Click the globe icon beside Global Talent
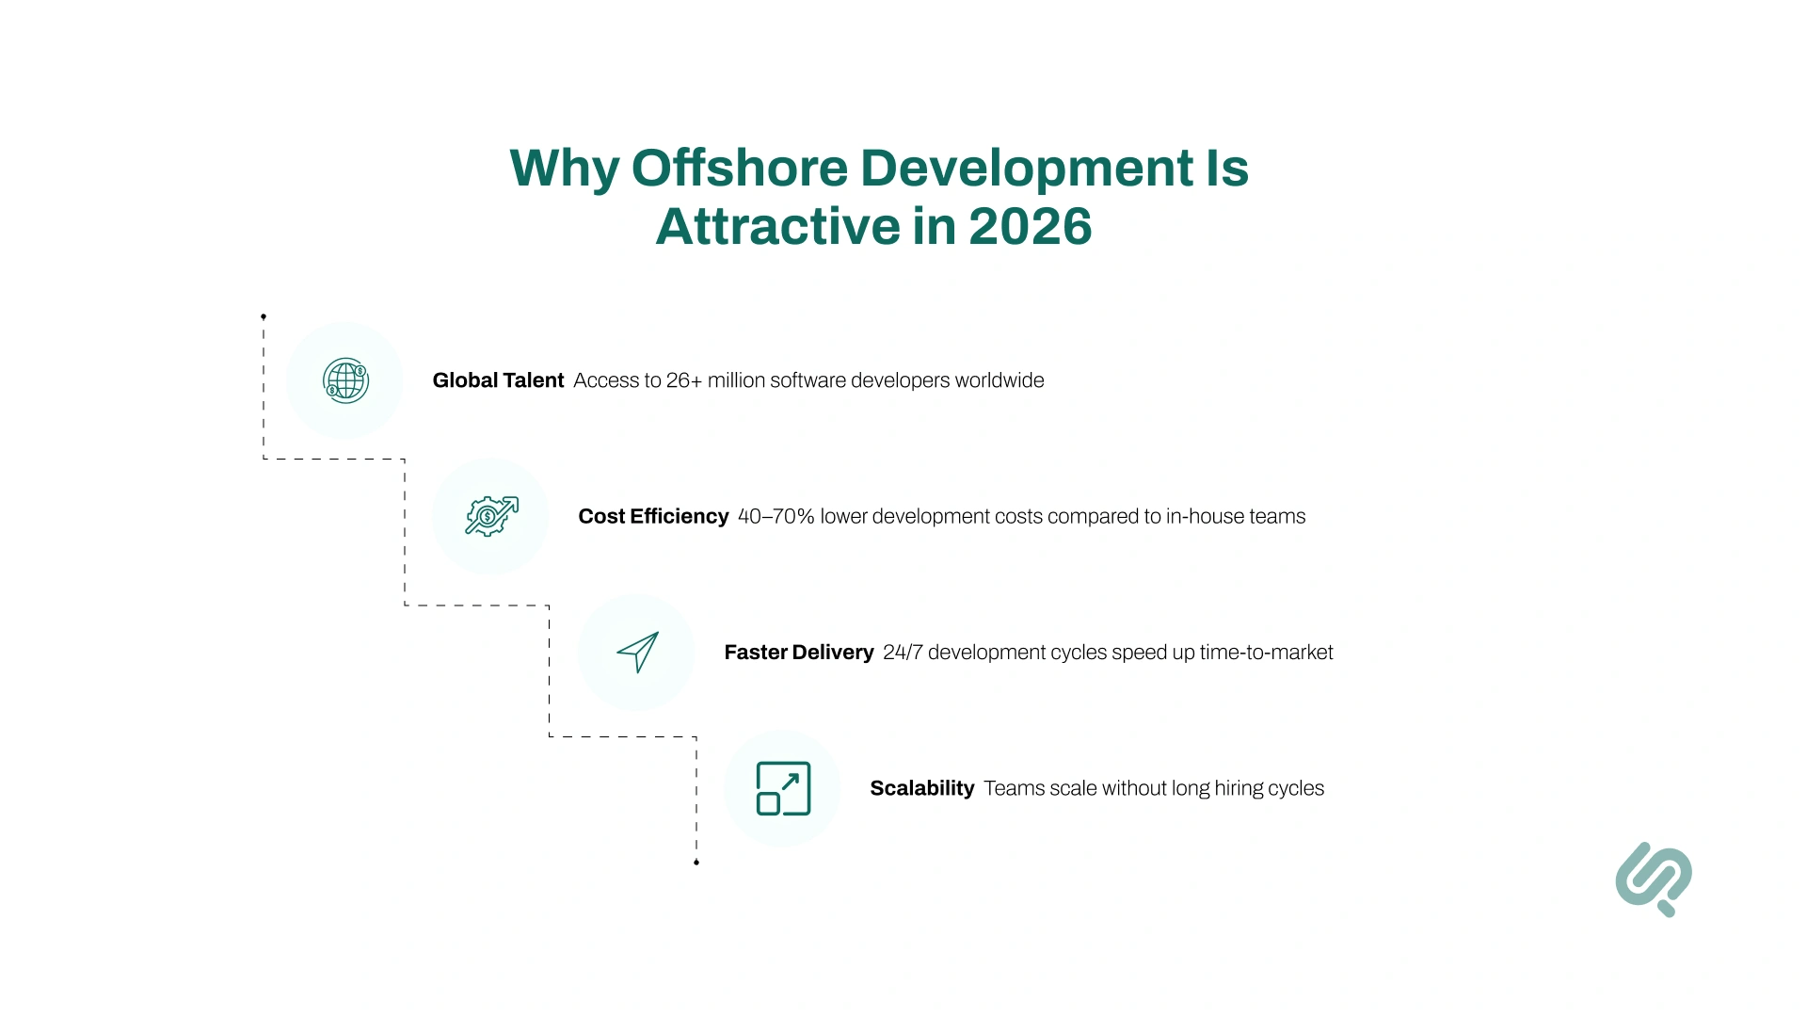pyautogui.click(x=345, y=380)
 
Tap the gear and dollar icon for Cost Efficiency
pyautogui.click(x=491, y=516)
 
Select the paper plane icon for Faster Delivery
pyautogui.click(x=638, y=652)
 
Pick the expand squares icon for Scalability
pyautogui.click(x=783, y=788)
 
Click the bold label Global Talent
pyautogui.click(x=498, y=380)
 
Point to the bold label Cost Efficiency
pyautogui.click(x=653, y=516)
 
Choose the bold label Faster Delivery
pyautogui.click(x=799, y=653)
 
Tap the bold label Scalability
pyautogui.click(x=921, y=788)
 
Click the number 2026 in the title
pyautogui.click(x=1030, y=227)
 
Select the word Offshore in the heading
pyautogui.click(x=740, y=169)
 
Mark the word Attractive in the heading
pyautogui.click(x=777, y=227)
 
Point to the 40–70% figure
pyautogui.click(x=776, y=516)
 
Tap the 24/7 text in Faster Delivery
pyautogui.click(x=903, y=653)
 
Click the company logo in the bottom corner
pyautogui.click(x=1654, y=879)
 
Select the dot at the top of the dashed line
pyautogui.click(x=264, y=316)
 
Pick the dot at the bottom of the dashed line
pyautogui.click(x=696, y=862)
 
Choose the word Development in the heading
pyautogui.click(x=1027, y=169)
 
